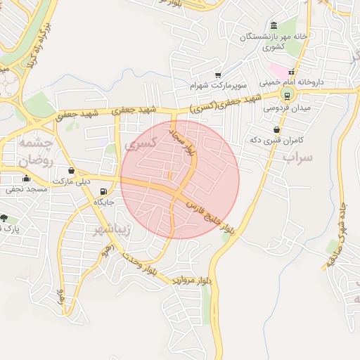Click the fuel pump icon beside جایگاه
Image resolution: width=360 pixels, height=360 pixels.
pyautogui.click(x=104, y=191)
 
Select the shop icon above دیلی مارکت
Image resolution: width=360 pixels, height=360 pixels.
pyautogui.click(x=70, y=170)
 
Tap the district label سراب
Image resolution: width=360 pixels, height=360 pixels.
pyautogui.click(x=297, y=157)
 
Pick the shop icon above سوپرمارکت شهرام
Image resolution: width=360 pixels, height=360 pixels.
pyautogui.click(x=218, y=75)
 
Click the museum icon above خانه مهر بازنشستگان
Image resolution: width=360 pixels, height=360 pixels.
pyautogui.click(x=274, y=25)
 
